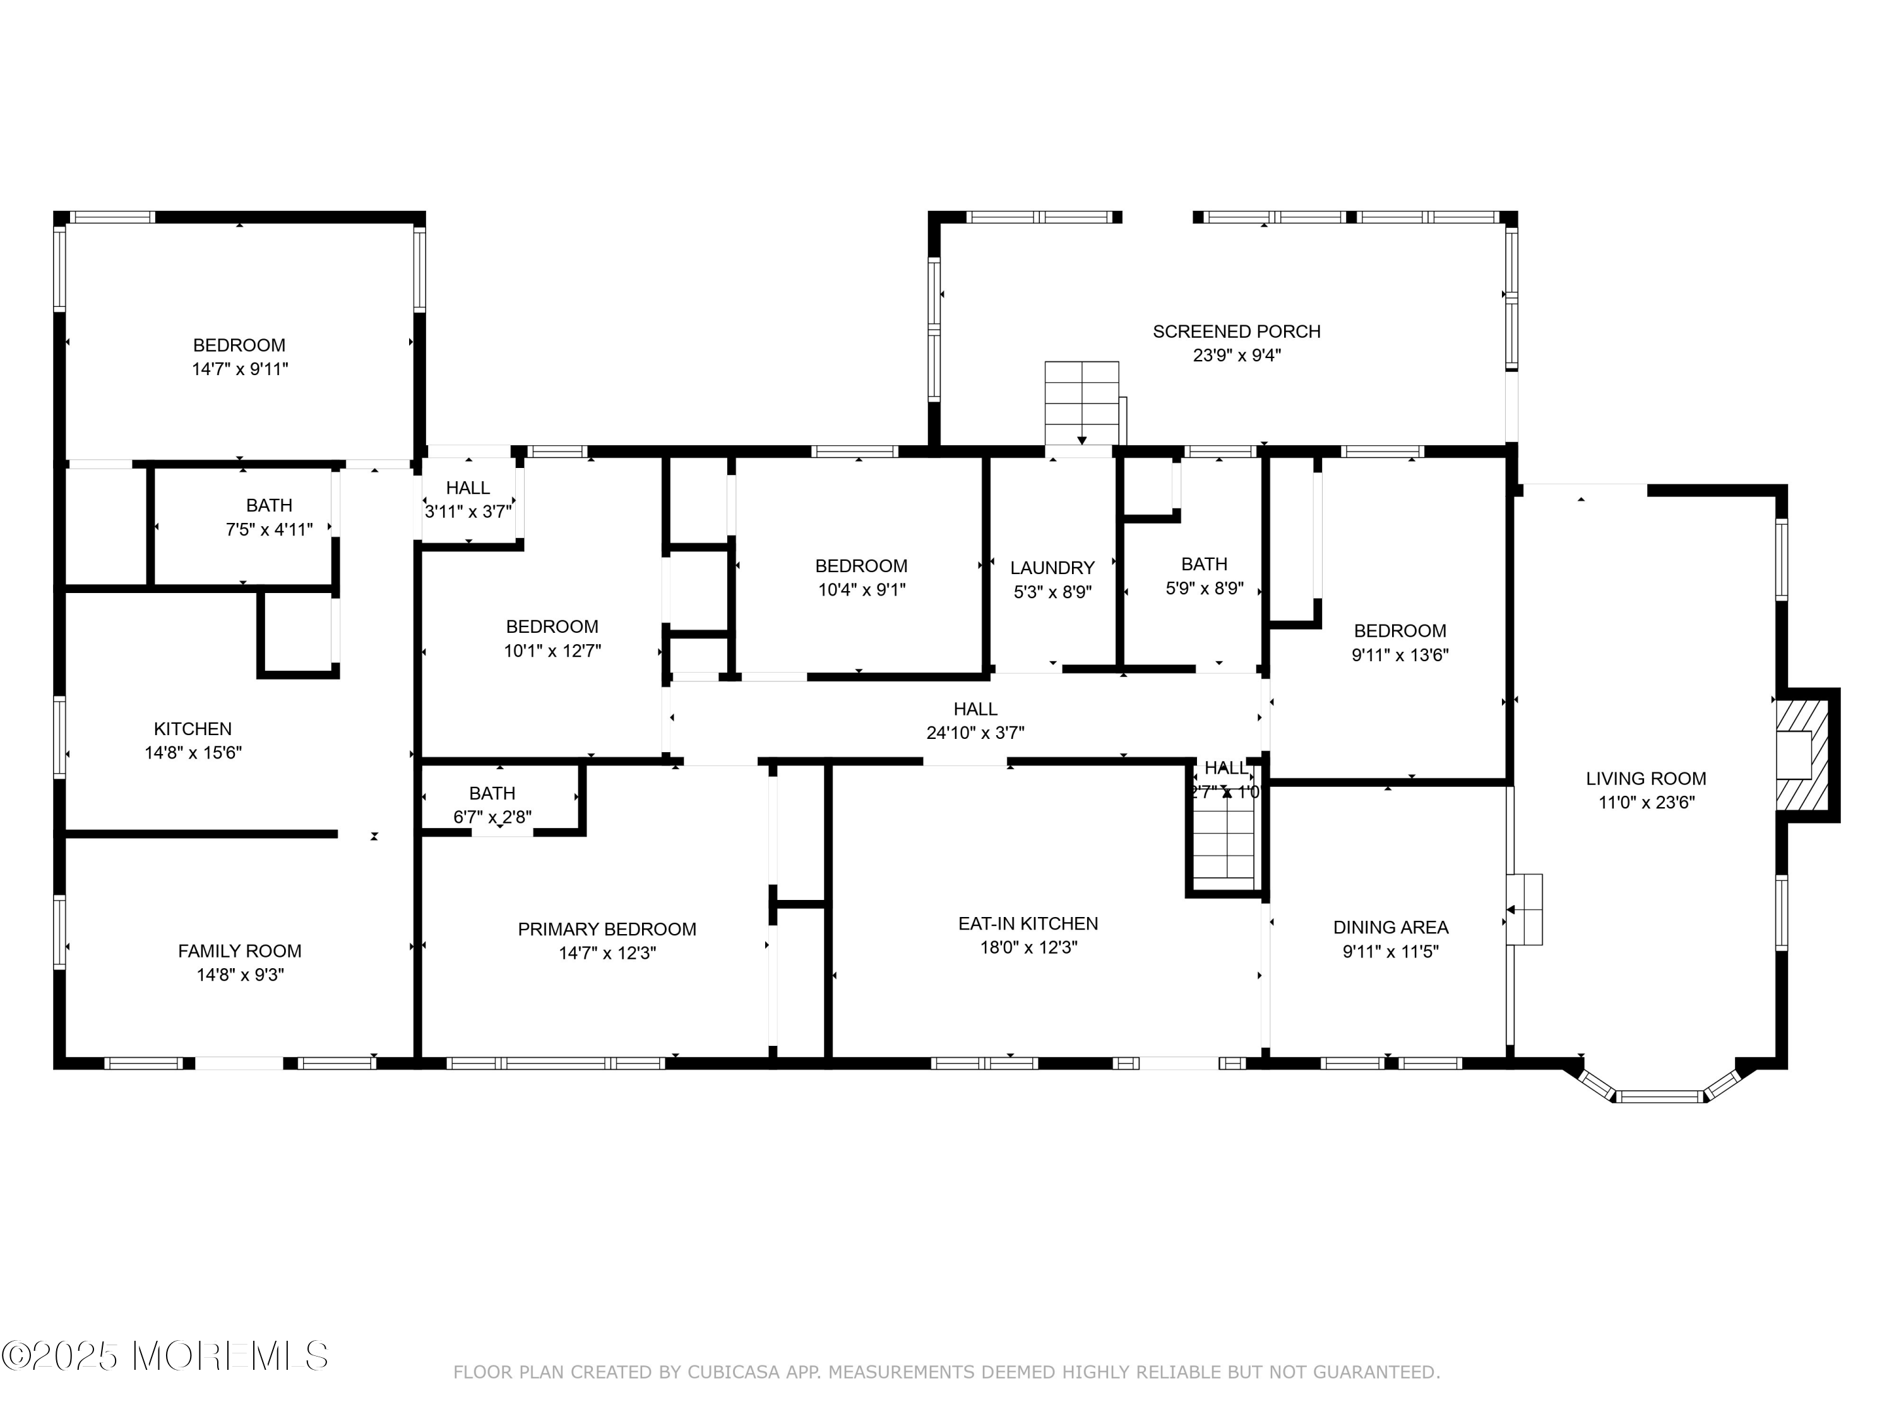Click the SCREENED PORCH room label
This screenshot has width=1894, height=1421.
tap(1236, 332)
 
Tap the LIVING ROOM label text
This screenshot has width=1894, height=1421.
tap(1646, 779)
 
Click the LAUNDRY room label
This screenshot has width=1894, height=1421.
tap(1052, 568)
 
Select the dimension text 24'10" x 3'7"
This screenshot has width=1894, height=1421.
tap(975, 733)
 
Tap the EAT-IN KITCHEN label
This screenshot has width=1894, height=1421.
tap(1027, 923)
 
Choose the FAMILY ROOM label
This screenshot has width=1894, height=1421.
tap(240, 950)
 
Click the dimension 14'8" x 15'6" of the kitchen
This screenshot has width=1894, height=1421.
tap(194, 753)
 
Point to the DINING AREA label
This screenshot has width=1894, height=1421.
tap(1391, 926)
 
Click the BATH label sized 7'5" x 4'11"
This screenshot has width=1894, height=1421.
tap(269, 505)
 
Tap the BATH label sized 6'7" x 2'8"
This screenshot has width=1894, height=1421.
tap(492, 793)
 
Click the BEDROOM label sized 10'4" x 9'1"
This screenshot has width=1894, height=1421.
tap(861, 566)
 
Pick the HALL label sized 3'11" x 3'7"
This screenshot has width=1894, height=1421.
tap(468, 488)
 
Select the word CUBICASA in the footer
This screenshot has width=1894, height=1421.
tap(734, 1372)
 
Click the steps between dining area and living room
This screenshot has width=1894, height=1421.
tap(1525, 909)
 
